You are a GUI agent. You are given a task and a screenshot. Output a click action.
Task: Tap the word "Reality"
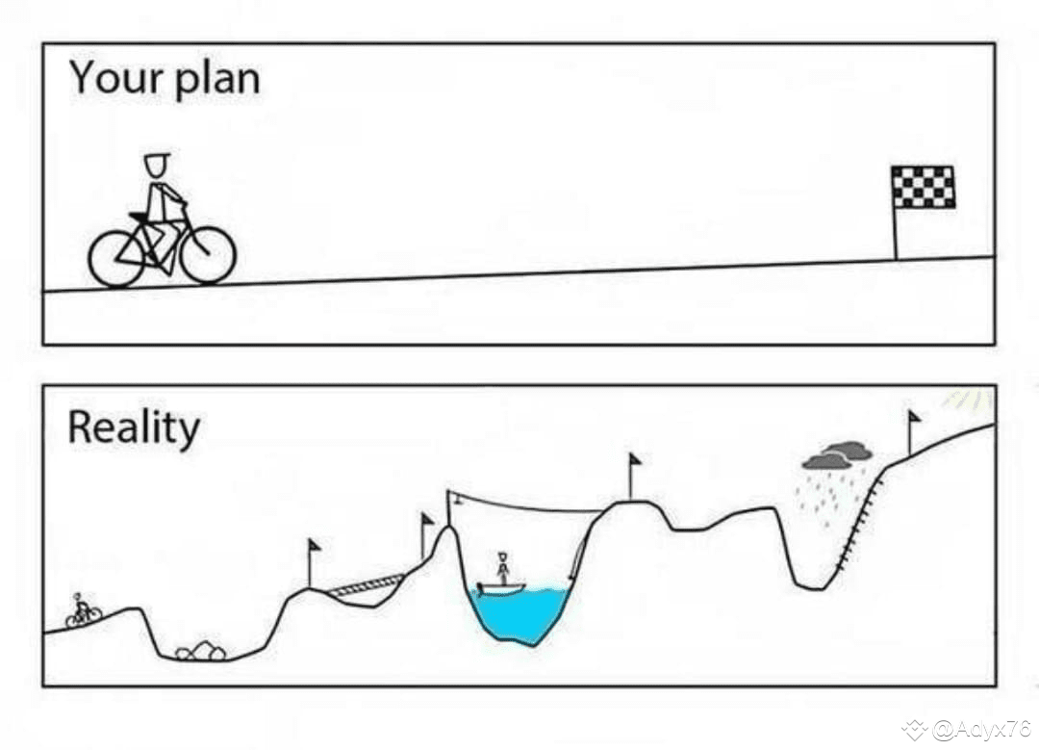pyautogui.click(x=134, y=428)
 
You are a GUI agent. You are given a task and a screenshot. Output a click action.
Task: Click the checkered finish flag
pyautogui.click(x=923, y=187)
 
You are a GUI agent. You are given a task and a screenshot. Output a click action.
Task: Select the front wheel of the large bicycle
pyautogui.click(x=208, y=255)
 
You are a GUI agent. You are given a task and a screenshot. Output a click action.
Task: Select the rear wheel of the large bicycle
pyautogui.click(x=116, y=258)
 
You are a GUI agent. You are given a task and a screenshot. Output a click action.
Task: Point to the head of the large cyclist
pyautogui.click(x=157, y=165)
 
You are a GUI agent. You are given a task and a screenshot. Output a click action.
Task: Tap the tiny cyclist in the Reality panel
pyautogui.click(x=83, y=611)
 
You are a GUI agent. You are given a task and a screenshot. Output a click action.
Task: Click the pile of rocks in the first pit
pyautogui.click(x=201, y=651)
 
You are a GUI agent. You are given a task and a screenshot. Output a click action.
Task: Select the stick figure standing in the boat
pyautogui.click(x=502, y=567)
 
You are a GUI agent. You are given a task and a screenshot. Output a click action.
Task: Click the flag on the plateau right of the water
pyautogui.click(x=634, y=461)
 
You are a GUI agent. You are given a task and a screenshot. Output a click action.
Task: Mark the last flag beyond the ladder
pyautogui.click(x=913, y=418)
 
